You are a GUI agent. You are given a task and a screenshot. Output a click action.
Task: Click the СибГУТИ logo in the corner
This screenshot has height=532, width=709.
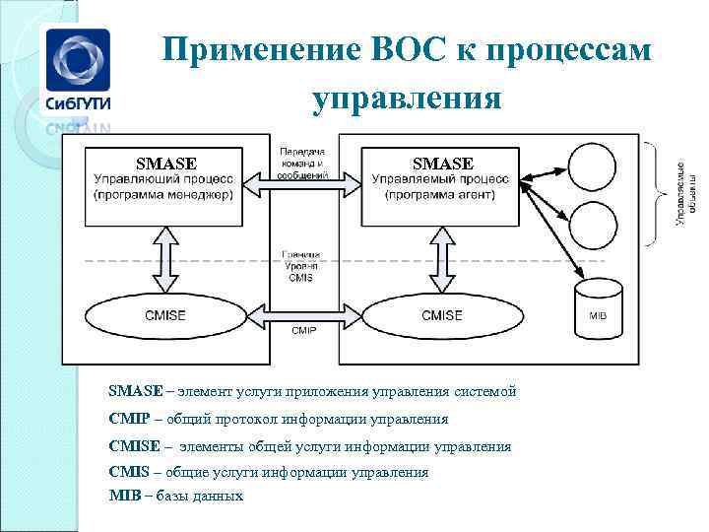pyautogui.click(x=77, y=73)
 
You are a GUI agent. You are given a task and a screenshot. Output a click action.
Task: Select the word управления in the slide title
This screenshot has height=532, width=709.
pyautogui.click(x=407, y=99)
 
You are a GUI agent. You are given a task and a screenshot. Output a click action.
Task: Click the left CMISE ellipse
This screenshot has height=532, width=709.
pyautogui.click(x=163, y=315)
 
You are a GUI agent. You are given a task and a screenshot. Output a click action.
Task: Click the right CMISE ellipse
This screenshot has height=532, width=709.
pyautogui.click(x=441, y=315)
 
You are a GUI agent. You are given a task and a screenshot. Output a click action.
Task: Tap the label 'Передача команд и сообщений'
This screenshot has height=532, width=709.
pyautogui.click(x=302, y=157)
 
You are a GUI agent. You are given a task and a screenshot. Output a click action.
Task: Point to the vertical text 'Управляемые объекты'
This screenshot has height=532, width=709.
pyautogui.click(x=682, y=194)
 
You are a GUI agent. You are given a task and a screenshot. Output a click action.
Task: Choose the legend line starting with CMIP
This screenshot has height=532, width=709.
pyautogui.click(x=278, y=419)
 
